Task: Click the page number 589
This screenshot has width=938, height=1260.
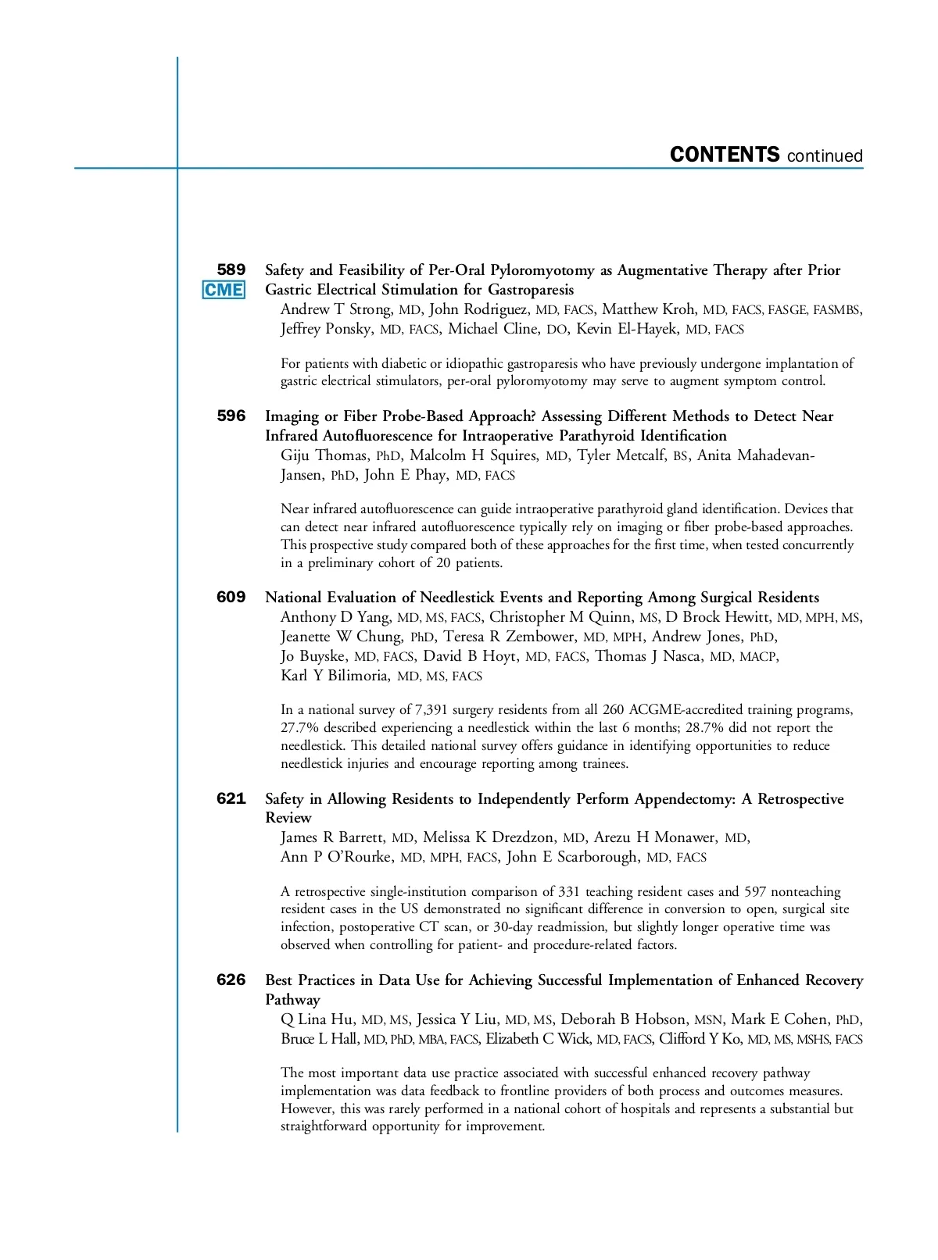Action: tap(231, 269)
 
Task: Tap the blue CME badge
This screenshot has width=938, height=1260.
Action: tap(224, 290)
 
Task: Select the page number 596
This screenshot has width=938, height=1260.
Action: tap(231, 416)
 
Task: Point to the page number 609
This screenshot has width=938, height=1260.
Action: tap(231, 597)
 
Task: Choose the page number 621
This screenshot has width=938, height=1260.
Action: tap(231, 798)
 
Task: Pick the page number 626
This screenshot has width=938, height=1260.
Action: tap(231, 980)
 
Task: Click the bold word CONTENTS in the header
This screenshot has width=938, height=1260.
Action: tap(725, 155)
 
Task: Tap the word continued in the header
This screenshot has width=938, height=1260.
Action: tap(825, 156)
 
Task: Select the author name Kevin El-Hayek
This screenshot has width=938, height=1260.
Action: tap(627, 329)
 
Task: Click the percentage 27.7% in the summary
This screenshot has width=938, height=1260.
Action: tap(300, 728)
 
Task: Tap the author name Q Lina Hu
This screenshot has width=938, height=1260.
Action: tap(317, 1019)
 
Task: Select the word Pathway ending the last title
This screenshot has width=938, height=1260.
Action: tap(292, 1000)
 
